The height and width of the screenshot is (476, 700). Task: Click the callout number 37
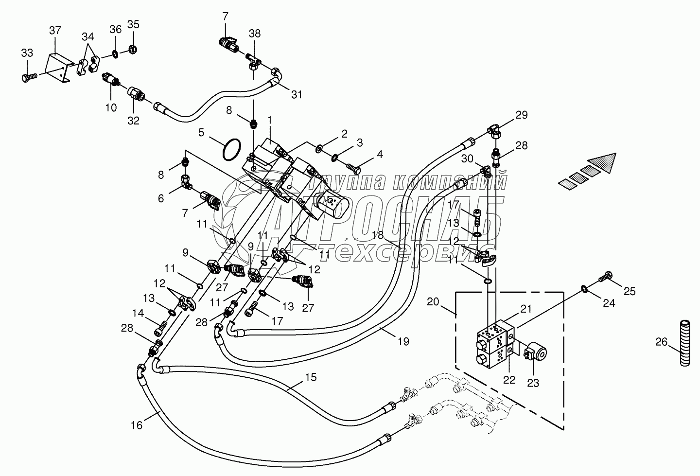tap(55, 31)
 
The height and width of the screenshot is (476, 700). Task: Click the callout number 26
tap(661, 342)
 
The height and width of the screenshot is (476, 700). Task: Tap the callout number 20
tap(433, 302)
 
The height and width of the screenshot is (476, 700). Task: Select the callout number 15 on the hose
tap(311, 377)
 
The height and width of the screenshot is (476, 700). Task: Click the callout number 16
tap(137, 425)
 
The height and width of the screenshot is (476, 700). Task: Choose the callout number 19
tap(402, 341)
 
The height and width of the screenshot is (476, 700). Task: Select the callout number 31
tap(297, 94)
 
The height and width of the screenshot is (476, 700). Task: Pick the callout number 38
tap(255, 34)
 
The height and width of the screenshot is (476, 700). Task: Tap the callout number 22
tap(509, 380)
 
